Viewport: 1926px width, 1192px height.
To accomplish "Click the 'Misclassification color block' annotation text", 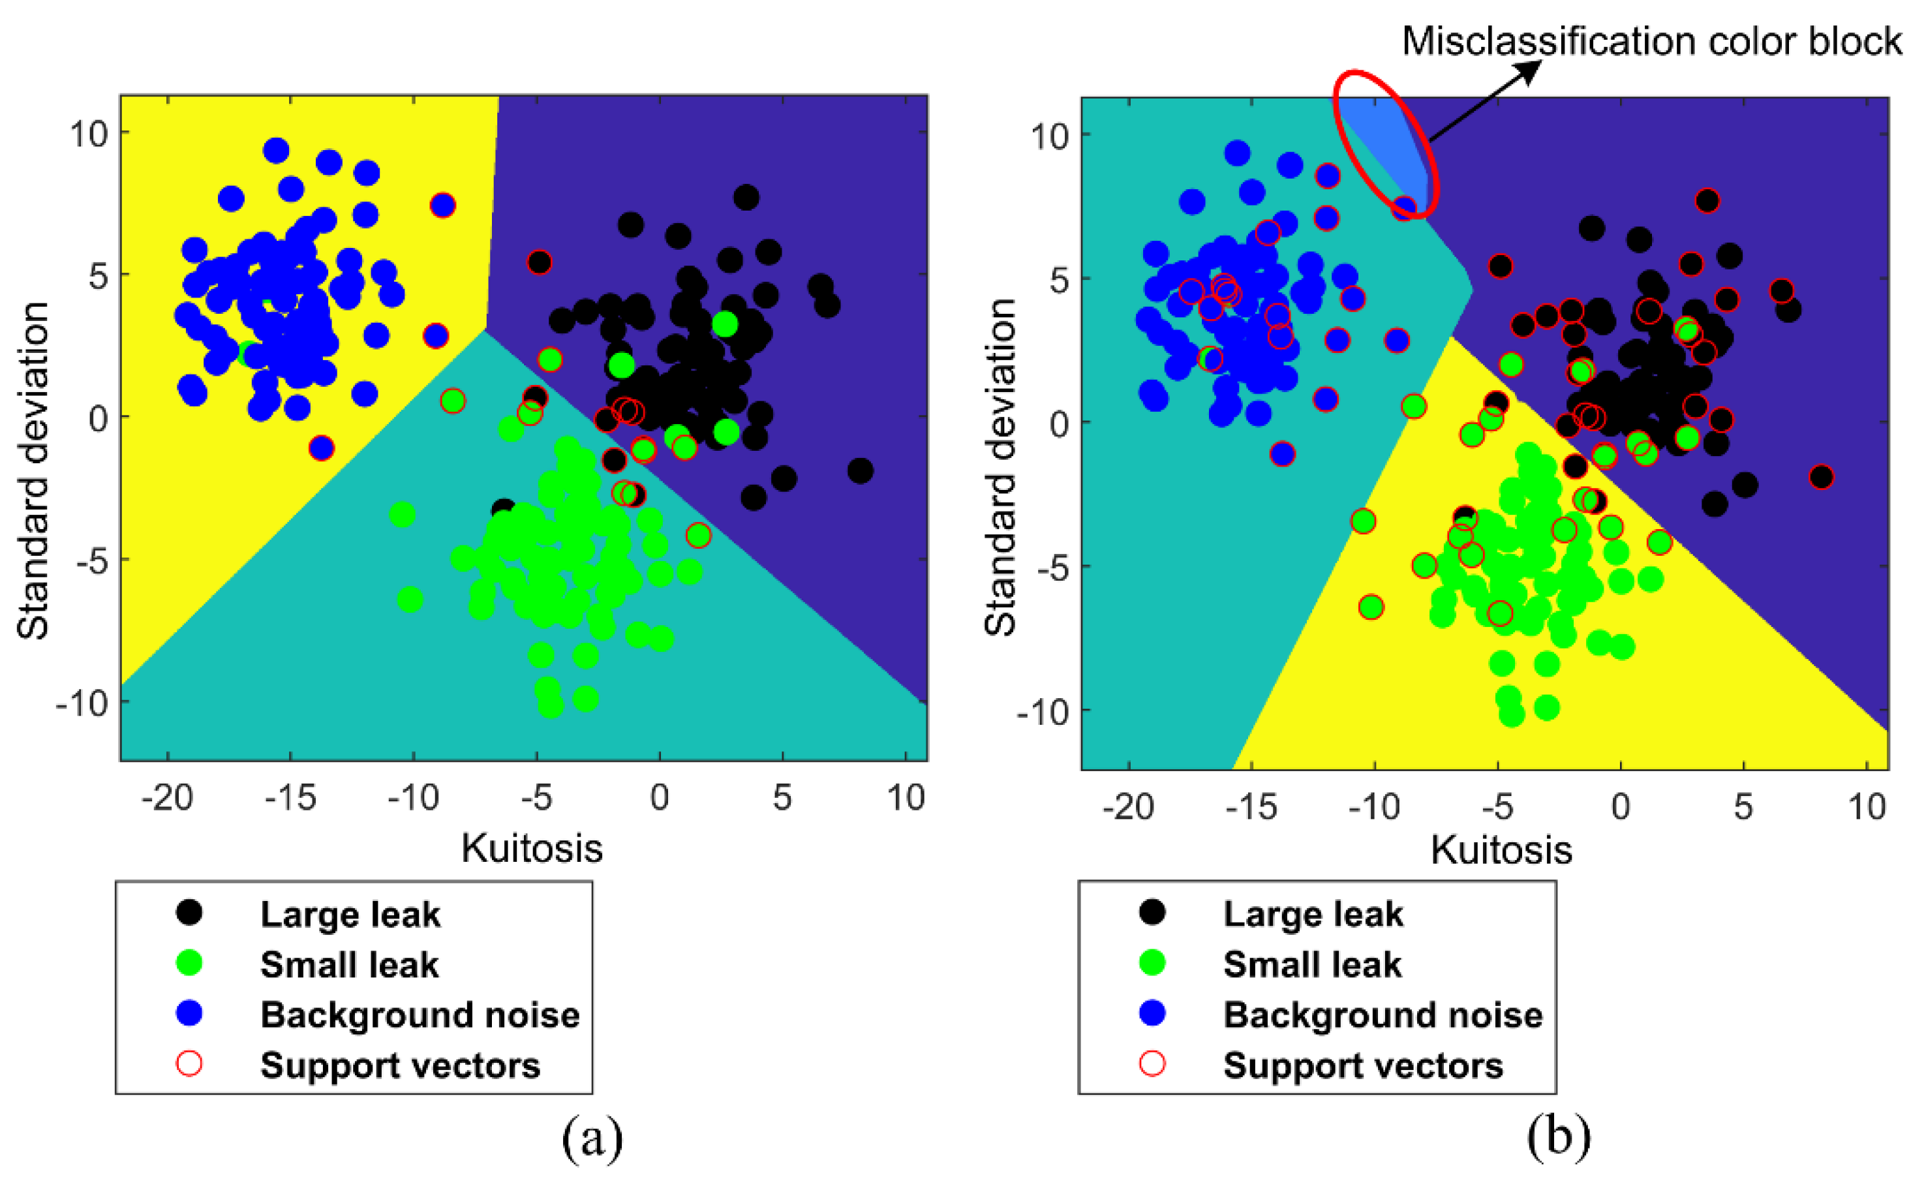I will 1651,41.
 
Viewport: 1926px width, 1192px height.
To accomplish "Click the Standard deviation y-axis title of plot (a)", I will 33,470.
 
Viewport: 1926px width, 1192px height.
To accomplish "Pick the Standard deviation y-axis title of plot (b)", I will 1000,468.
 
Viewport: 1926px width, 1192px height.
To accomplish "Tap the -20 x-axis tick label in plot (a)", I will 167,798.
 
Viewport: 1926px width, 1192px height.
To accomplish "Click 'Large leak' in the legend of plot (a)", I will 350,915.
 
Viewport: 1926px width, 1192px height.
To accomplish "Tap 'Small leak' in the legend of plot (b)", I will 1312,965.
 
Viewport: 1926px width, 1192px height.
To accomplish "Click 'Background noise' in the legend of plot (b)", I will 1382,1015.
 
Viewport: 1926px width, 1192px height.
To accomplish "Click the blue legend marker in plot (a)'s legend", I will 189,1014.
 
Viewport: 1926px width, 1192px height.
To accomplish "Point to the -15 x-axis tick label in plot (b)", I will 1252,806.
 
